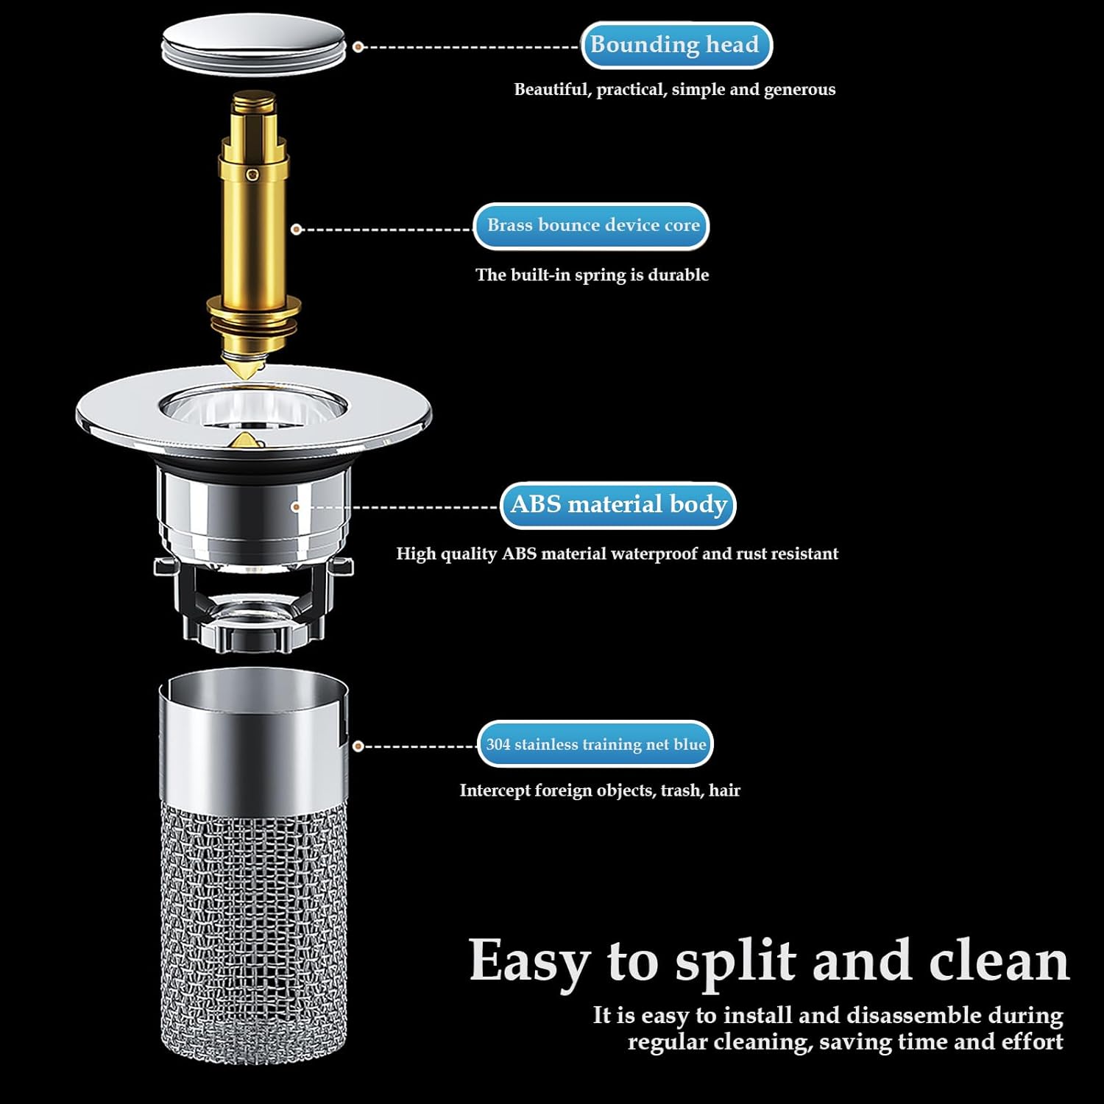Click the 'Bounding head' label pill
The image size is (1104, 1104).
(x=676, y=45)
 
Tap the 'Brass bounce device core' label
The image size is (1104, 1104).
(x=592, y=225)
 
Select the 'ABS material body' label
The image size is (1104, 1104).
(x=618, y=505)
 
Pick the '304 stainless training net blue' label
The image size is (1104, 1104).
(x=595, y=744)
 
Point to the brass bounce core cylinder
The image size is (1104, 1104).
(x=253, y=228)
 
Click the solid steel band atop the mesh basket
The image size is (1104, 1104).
(x=253, y=743)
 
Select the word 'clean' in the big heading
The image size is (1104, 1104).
(x=999, y=960)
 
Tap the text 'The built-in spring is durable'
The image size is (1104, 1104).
(x=592, y=275)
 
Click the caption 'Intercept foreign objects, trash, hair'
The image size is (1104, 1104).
(x=600, y=790)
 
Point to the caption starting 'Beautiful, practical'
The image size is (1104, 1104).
(x=675, y=90)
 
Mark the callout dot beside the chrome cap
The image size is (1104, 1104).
(x=358, y=47)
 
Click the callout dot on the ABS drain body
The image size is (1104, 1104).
(x=296, y=507)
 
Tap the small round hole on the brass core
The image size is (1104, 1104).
(x=252, y=174)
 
